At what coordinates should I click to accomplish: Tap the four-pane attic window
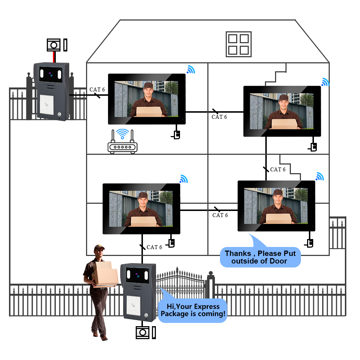click(238, 44)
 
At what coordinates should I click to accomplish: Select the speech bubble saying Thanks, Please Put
click(260, 257)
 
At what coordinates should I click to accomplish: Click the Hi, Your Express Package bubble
click(193, 310)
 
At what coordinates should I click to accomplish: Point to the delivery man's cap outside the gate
click(99, 248)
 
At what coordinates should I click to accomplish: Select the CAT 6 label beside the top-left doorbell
click(97, 90)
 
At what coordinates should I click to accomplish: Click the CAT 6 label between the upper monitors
click(219, 117)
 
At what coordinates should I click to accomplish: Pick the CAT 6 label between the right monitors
click(278, 169)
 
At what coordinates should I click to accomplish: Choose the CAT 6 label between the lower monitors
click(220, 215)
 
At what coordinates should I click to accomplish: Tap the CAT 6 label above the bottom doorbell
click(154, 247)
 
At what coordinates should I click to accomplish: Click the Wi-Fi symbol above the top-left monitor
click(190, 69)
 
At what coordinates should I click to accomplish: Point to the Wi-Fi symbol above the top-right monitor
click(325, 82)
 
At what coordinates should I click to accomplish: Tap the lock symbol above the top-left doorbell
click(54, 45)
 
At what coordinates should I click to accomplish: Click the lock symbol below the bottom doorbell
click(143, 332)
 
